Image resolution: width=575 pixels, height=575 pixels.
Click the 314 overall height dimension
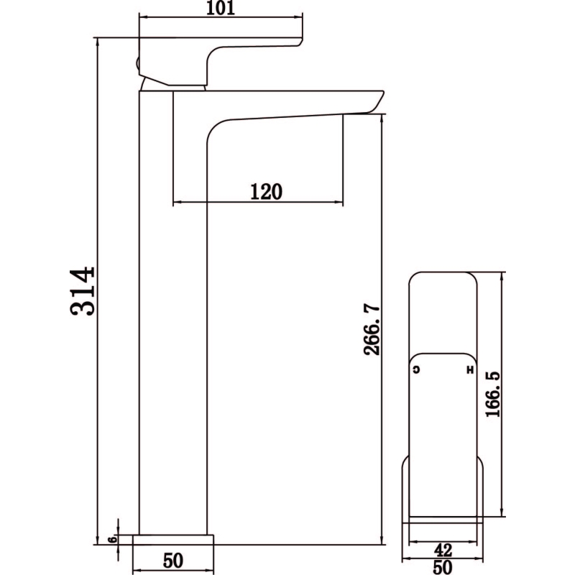point(83,291)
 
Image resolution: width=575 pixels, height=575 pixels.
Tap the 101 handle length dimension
point(221,8)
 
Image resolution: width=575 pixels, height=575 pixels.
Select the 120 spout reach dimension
point(266,191)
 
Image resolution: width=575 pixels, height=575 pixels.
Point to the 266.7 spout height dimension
point(372,329)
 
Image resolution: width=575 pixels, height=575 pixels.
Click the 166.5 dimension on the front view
point(492,394)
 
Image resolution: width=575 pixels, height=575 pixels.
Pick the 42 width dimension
point(443,550)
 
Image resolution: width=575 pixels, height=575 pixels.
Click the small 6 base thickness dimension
point(112,540)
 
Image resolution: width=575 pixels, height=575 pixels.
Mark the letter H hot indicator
point(470,369)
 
